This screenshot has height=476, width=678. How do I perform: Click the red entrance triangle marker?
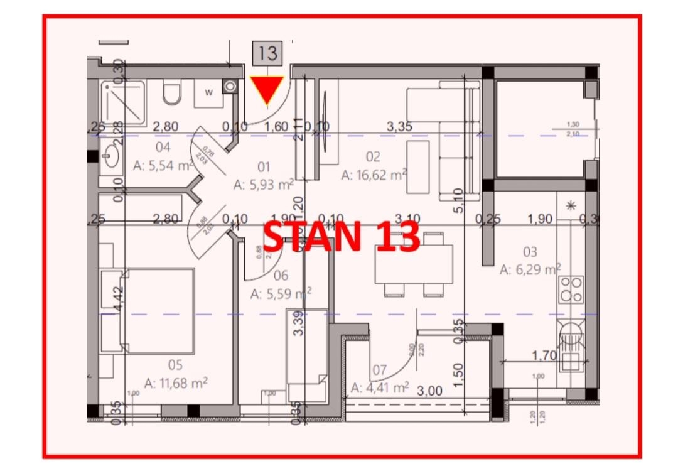tap(267, 90)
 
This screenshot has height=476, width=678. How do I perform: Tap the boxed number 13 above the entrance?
tap(267, 53)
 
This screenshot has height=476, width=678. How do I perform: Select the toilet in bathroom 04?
tap(171, 94)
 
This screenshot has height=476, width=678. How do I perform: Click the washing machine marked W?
tap(208, 93)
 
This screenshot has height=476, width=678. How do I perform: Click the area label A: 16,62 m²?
tap(374, 175)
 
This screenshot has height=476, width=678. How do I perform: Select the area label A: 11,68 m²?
tap(176, 382)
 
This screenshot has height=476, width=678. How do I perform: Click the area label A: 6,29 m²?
tap(530, 269)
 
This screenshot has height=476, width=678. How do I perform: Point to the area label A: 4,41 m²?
tap(380, 387)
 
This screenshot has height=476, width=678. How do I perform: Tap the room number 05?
tap(175, 365)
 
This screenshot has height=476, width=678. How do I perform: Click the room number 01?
tap(264, 167)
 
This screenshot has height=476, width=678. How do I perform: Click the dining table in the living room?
tap(414, 264)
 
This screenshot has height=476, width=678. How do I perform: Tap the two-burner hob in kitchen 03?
tap(571, 289)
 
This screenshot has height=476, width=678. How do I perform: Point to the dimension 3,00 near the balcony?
tap(430, 391)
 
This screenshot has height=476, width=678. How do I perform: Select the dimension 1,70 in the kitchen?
tap(544, 356)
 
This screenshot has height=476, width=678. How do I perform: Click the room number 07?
tap(379, 369)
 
